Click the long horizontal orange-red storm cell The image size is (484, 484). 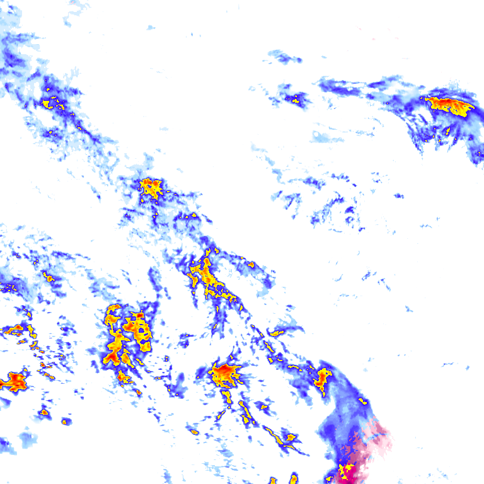coord(449,104)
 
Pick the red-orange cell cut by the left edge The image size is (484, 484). coord(14,381)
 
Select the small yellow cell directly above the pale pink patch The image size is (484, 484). coord(362,400)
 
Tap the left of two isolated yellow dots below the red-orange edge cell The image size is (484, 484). coord(44,412)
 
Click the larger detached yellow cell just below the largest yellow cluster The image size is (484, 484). coord(123,377)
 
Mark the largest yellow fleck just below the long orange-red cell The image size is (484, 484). coord(447,131)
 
